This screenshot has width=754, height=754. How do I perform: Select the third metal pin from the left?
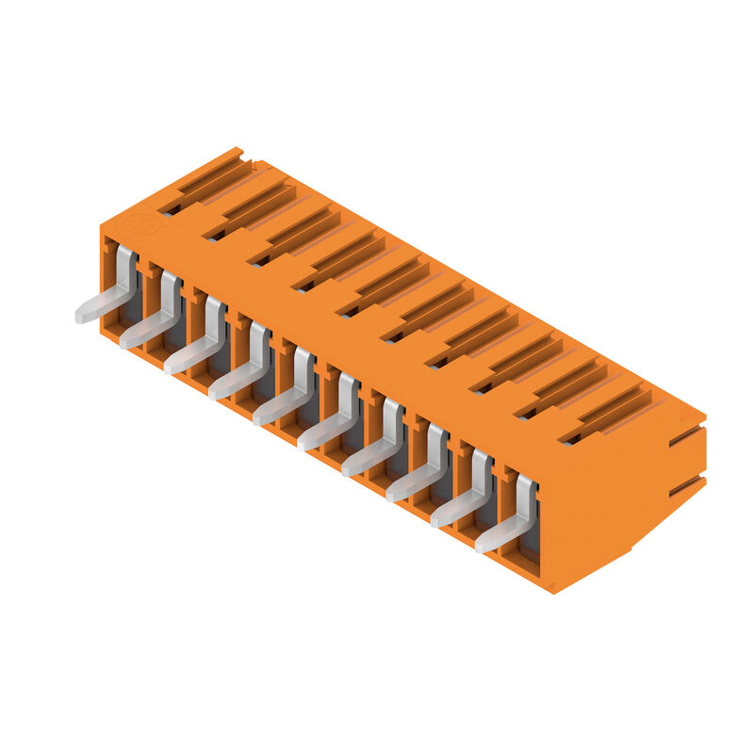(x=197, y=344)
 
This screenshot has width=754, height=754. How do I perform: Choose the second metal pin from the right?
(x=464, y=495)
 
